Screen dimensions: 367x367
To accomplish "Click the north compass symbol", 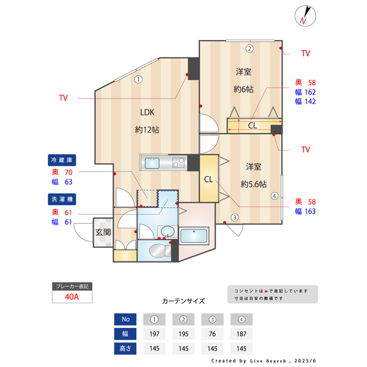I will [x=304, y=15].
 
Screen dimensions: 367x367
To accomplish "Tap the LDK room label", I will [x=147, y=112].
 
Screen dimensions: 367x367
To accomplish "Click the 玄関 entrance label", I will [x=103, y=232].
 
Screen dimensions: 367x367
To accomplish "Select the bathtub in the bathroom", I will [x=195, y=236].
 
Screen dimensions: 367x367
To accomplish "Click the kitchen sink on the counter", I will [x=153, y=163].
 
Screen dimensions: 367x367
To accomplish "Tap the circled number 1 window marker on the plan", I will [x=138, y=79].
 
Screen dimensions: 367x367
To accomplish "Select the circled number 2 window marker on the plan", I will [x=249, y=48].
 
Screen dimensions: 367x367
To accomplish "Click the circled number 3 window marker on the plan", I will [x=235, y=217].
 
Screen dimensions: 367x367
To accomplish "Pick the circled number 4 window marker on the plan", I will [x=275, y=196].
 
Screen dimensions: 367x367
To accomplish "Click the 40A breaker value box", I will [x=72, y=297].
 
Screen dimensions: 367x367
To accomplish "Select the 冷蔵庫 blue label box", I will [x=63, y=159].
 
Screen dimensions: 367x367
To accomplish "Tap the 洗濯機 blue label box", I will [x=63, y=198].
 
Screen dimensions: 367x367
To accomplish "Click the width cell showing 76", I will [x=212, y=334].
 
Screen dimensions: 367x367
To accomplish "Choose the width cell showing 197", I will [x=154, y=334].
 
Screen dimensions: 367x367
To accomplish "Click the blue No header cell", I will [x=126, y=319].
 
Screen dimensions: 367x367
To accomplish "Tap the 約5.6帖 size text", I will [x=253, y=183].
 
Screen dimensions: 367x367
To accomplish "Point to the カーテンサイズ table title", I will [x=183, y=301].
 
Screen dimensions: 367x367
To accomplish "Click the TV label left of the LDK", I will [x=63, y=98].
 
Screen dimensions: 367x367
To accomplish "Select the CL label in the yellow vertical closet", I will [x=209, y=179].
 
